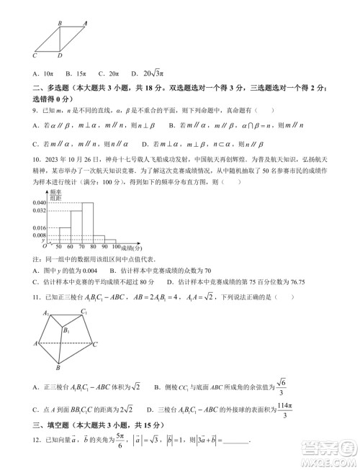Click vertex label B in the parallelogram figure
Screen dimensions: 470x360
(59, 24)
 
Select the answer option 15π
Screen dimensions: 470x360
(76, 73)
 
